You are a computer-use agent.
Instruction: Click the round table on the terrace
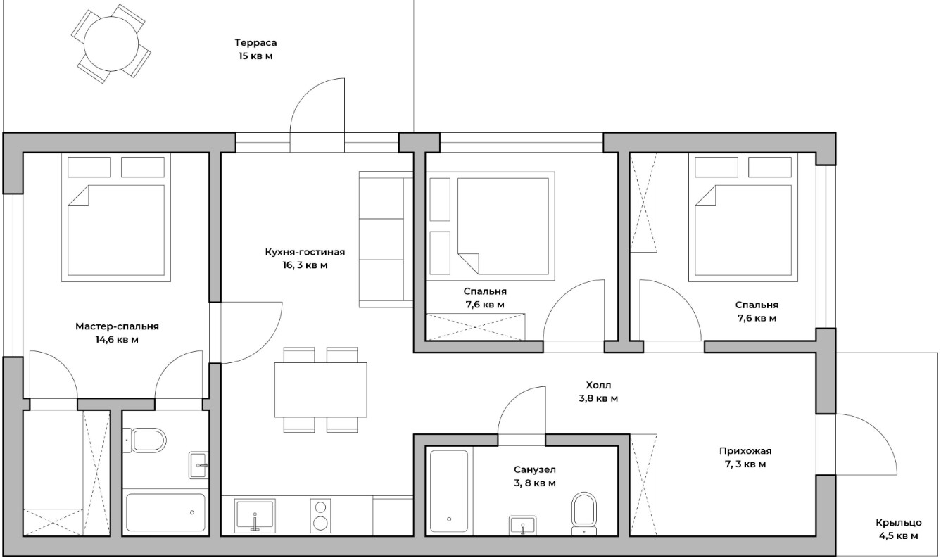111,44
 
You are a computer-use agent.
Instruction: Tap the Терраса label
255,43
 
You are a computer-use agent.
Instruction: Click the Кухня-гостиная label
305,252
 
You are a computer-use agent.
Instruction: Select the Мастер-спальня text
118,326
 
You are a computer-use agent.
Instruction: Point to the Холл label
599,385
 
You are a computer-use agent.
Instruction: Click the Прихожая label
745,451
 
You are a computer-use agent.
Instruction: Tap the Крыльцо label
899,523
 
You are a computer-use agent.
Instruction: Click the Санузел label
534,469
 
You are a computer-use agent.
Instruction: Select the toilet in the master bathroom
144,440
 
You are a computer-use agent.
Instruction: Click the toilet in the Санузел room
584,514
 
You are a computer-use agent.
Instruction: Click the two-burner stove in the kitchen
320,516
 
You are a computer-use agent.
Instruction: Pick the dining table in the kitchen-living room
320,390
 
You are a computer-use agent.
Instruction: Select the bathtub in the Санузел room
449,491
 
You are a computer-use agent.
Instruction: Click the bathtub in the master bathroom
165,513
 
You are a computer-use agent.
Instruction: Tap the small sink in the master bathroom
198,465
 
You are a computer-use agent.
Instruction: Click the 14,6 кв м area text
117,340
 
